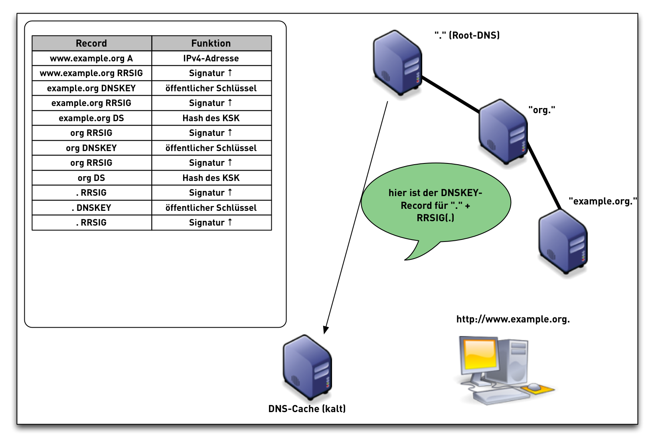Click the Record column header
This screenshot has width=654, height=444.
[x=91, y=43]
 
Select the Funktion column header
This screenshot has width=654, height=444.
[x=211, y=43]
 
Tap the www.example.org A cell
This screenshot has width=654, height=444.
[x=91, y=58]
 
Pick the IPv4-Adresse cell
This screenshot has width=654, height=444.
[x=211, y=58]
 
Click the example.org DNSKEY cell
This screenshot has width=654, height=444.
[x=91, y=88]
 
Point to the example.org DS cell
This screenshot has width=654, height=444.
[x=91, y=118]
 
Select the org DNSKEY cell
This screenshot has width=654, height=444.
[x=91, y=148]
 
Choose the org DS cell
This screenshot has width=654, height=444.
[x=91, y=178]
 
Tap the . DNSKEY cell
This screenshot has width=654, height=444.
[x=91, y=208]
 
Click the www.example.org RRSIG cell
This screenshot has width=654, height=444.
[x=91, y=73]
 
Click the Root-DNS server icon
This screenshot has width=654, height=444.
[x=397, y=63]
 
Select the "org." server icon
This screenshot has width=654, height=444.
[x=503, y=132]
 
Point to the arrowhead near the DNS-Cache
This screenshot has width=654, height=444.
[x=326, y=330]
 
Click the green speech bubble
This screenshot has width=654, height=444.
[x=436, y=205]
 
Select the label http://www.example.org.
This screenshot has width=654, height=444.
[x=513, y=319]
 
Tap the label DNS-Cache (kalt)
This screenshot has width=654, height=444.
[x=307, y=409]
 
